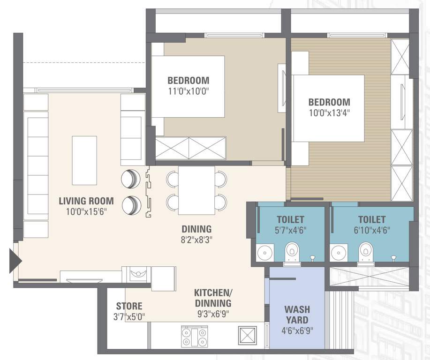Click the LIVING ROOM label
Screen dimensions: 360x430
86,201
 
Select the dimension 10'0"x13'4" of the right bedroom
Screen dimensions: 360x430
329,112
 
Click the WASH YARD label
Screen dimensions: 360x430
297,315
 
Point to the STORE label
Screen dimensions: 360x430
129,306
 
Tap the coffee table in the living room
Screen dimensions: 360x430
84,160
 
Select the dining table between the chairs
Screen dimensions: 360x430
196,190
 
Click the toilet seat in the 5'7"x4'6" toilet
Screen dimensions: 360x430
291,252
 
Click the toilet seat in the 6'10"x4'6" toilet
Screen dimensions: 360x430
364,252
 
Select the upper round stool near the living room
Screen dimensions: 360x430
130,178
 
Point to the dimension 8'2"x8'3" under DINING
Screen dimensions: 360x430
196,240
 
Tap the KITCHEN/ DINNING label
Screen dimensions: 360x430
212,298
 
